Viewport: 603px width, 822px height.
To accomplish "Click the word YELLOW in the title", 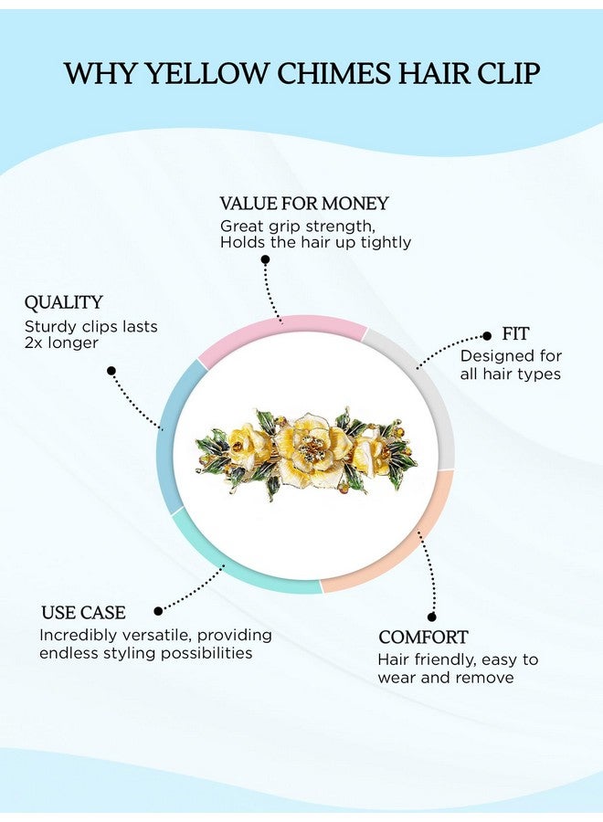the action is [205, 73].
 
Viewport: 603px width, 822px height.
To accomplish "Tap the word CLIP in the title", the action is [508, 73].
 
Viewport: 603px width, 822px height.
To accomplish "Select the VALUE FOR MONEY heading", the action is [304, 204].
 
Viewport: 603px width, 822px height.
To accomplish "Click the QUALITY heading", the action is [63, 302].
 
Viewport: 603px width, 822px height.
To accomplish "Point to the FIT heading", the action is [515, 333].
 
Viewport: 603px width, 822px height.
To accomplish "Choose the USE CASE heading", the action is [83, 612].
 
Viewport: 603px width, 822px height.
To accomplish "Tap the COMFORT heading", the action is [423, 637].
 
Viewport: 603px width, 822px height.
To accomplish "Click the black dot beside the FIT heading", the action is [487, 335].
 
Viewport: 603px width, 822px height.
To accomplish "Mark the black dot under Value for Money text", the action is [265, 259].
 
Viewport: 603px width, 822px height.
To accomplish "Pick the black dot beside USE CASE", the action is [158, 611].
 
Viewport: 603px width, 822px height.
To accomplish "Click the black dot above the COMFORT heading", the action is [431, 617].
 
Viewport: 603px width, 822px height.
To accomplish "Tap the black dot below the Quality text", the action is [111, 371].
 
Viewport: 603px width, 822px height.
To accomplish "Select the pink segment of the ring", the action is [283, 323].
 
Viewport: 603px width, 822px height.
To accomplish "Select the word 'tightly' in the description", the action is [386, 242].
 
